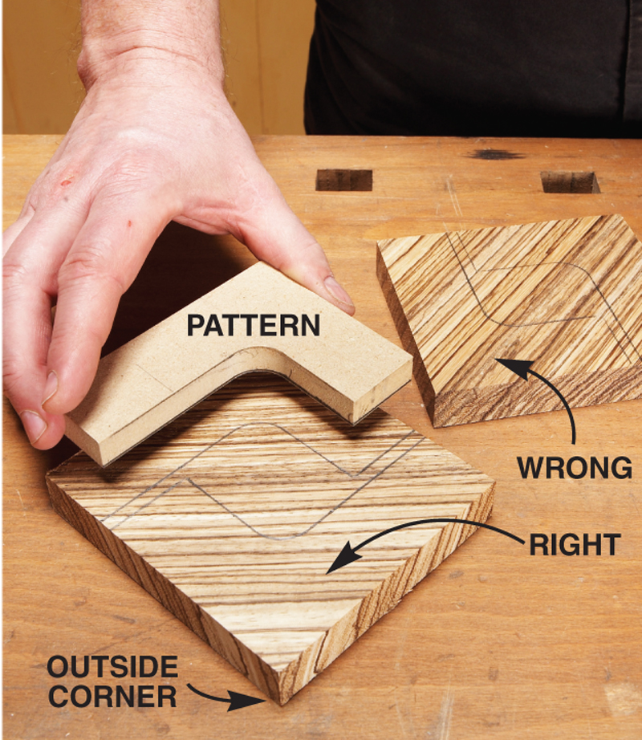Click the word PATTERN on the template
254,325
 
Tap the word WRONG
574,468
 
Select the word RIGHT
575,545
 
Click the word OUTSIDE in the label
112,667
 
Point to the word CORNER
112,697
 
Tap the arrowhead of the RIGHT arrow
343,557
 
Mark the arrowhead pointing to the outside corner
247,701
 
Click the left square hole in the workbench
344,180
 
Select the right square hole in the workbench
570,182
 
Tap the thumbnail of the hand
338,291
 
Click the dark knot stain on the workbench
495,154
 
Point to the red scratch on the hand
66,181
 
